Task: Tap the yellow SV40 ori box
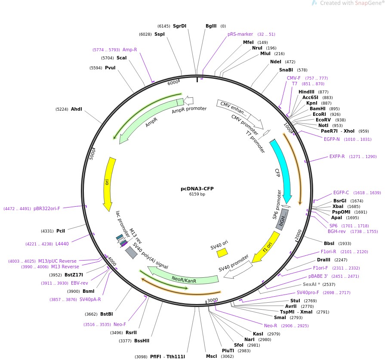click(x=222, y=253)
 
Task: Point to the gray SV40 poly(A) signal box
click(x=131, y=252)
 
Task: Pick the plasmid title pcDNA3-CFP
click(x=197, y=189)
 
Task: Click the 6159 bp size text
click(x=197, y=194)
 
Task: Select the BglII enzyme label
click(x=211, y=26)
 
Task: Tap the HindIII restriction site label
click(x=306, y=92)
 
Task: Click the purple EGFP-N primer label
click(x=332, y=140)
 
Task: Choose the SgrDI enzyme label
click(x=179, y=26)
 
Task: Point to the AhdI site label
click(x=77, y=109)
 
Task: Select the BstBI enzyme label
click(x=107, y=314)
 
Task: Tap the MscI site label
click(x=211, y=356)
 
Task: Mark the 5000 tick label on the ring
click(x=92, y=154)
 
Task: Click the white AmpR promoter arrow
click(x=188, y=100)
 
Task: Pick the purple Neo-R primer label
click(x=270, y=326)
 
